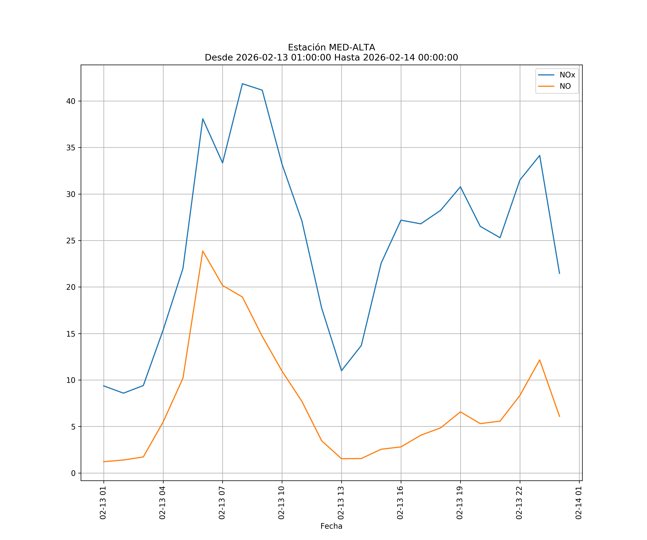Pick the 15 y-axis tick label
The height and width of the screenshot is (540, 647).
(x=71, y=334)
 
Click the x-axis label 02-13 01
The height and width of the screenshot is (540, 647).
(x=103, y=503)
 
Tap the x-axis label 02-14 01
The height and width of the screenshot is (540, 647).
(x=579, y=503)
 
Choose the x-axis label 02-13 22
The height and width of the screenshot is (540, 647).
(x=519, y=503)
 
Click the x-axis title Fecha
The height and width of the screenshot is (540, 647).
(x=331, y=526)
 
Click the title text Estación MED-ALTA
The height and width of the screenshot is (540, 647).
(x=331, y=48)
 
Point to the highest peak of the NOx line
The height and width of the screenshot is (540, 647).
(x=242, y=84)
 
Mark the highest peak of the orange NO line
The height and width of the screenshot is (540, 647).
(x=203, y=251)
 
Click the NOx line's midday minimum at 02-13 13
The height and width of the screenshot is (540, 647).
(x=341, y=371)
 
